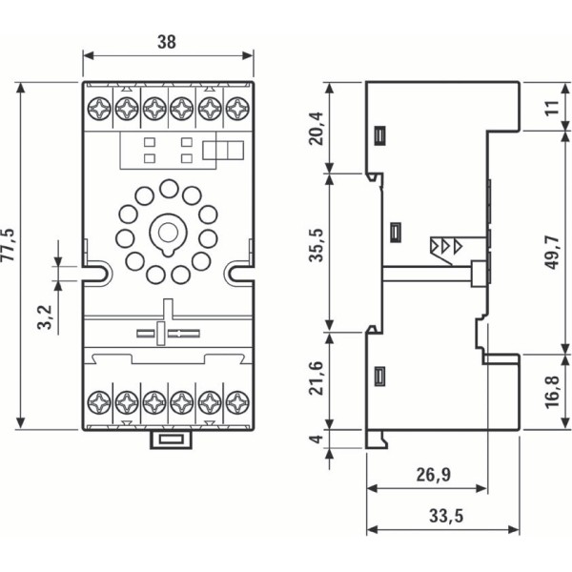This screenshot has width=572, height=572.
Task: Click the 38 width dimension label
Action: [x=168, y=41]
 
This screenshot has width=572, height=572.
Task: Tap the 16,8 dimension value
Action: [x=552, y=390]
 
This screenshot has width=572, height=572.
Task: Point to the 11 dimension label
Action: [x=552, y=107]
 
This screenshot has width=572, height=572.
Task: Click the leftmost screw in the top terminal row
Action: [x=98, y=109]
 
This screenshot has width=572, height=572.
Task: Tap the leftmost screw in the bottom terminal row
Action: [x=98, y=401]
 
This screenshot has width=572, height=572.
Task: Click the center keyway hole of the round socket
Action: [x=168, y=232]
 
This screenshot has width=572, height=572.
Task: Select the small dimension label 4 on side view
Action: [x=318, y=439]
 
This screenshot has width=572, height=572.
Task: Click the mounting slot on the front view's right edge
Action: [x=239, y=273]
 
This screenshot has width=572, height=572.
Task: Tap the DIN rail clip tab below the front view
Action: [x=168, y=439]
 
